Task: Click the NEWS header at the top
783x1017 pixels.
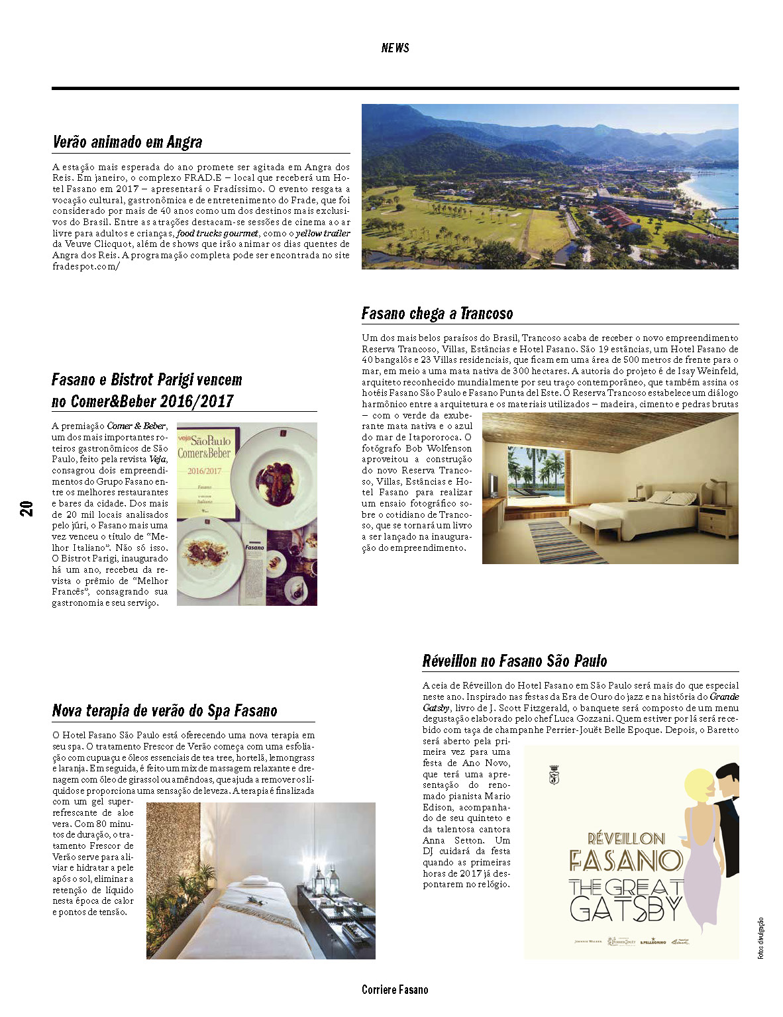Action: click(x=395, y=48)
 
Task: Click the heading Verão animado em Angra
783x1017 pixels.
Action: click(x=127, y=142)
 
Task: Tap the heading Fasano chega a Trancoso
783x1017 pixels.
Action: click(x=437, y=313)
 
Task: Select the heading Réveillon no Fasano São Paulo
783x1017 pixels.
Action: click(x=515, y=661)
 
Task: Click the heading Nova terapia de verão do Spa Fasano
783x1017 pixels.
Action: click(x=164, y=711)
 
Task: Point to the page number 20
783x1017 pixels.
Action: click(x=26, y=508)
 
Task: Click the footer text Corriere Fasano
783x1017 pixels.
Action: click(x=395, y=990)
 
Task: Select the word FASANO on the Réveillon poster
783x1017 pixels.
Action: click(x=625, y=861)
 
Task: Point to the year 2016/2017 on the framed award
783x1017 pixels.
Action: click(x=204, y=471)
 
